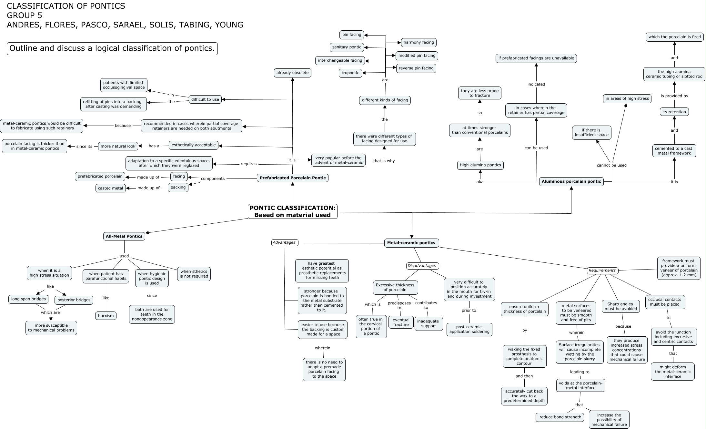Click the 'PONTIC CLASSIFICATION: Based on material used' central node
(x=292, y=211)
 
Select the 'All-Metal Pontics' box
(x=124, y=236)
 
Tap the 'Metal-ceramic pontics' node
(x=411, y=243)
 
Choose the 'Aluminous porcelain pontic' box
(x=571, y=181)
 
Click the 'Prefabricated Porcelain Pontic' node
(x=293, y=178)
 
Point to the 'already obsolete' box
(x=292, y=73)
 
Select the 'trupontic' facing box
(x=350, y=73)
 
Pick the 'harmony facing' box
(x=419, y=42)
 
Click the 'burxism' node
(x=106, y=316)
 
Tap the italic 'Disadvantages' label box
(x=422, y=266)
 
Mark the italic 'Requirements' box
(x=602, y=271)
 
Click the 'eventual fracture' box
(x=401, y=322)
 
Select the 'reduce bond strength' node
(x=560, y=417)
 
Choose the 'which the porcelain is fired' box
(x=674, y=37)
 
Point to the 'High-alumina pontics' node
(x=480, y=165)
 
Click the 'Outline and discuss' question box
(x=112, y=48)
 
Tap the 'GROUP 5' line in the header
(x=25, y=15)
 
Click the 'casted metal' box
(x=111, y=188)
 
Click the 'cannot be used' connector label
(x=611, y=165)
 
